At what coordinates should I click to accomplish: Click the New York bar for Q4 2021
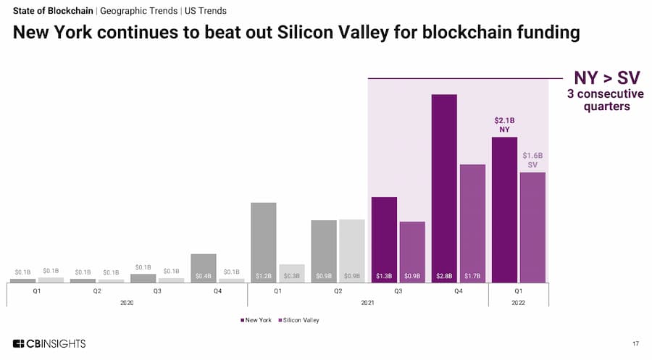pos(444,188)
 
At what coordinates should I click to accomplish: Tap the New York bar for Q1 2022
pos(504,209)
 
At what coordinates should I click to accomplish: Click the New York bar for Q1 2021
pos(263,242)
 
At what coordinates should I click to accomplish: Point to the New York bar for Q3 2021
pos(384,239)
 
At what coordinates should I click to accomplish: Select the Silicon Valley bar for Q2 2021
pos(352,251)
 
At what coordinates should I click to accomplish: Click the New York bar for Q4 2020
pos(204,267)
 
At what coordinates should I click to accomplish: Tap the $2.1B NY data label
pos(504,125)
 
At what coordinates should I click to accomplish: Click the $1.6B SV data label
pos(532,160)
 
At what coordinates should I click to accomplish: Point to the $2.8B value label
pos(444,276)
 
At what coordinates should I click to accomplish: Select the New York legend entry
pos(257,319)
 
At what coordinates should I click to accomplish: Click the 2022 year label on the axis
pos(518,302)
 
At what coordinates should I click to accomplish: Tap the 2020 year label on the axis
pos(127,302)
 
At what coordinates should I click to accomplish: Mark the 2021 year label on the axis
pos(368,302)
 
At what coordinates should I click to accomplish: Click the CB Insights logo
pos(49,343)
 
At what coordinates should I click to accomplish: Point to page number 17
pos(635,343)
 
